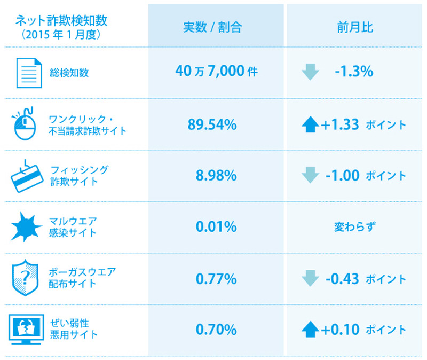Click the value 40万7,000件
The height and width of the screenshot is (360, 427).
click(216, 72)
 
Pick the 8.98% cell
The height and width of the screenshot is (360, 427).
click(216, 176)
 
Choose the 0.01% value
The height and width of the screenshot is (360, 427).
click(216, 227)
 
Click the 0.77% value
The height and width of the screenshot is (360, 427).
click(216, 278)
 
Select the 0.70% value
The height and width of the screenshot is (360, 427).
click(216, 330)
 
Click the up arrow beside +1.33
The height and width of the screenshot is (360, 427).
click(310, 124)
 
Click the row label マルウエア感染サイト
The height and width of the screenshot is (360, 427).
click(73, 227)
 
